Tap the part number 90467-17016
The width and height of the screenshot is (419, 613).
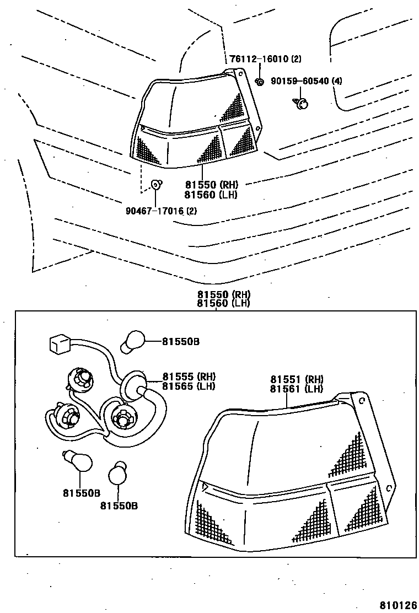(x=154, y=210)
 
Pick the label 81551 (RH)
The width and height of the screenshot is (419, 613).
(x=297, y=379)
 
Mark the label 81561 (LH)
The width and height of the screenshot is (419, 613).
(x=297, y=389)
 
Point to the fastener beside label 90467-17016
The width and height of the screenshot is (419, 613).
(x=156, y=185)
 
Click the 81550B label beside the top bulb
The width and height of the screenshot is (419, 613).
(x=181, y=342)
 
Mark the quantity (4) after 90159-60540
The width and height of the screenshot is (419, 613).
(x=336, y=82)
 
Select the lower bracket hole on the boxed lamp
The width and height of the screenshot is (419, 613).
(x=389, y=487)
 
